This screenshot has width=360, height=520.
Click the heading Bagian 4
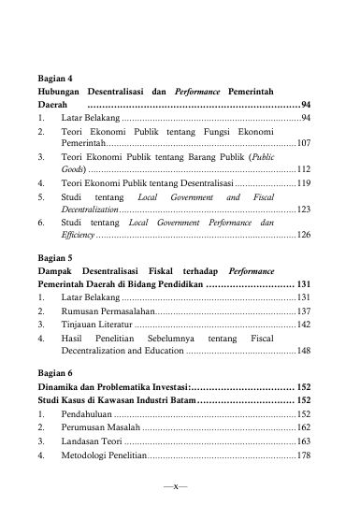[x=56, y=79]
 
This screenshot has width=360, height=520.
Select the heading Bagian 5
[x=56, y=253]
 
